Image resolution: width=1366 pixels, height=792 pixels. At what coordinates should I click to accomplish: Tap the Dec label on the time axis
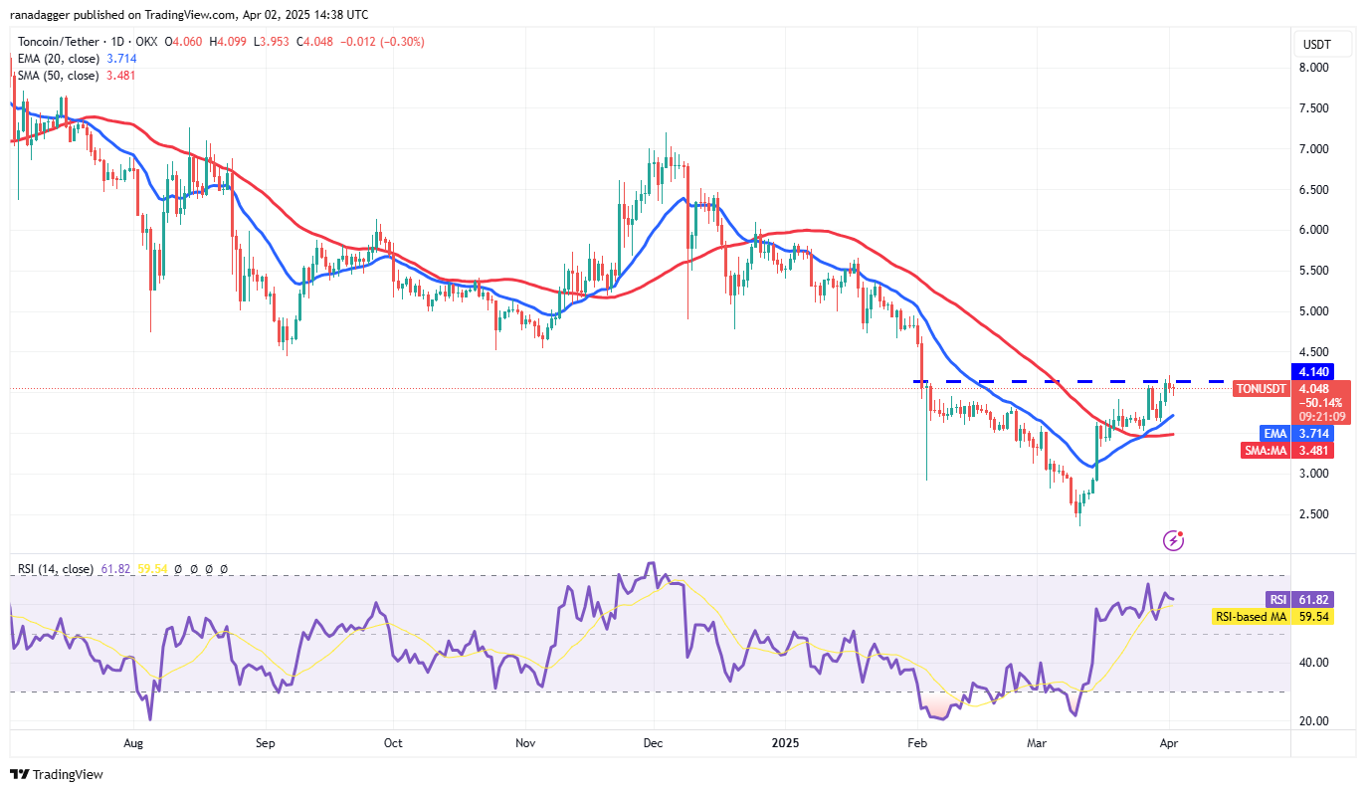[x=654, y=742]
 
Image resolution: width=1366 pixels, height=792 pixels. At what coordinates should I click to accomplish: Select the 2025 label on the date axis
[x=785, y=742]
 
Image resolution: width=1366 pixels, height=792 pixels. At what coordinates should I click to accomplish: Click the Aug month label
[x=134, y=742]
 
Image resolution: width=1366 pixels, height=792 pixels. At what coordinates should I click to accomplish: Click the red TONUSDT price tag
[x=1261, y=388]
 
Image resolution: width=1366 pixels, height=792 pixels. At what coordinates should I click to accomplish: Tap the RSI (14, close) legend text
[x=55, y=569]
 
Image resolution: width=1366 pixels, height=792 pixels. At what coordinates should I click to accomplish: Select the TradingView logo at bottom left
[x=57, y=774]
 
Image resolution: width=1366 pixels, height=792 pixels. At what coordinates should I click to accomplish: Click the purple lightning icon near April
[x=1174, y=540]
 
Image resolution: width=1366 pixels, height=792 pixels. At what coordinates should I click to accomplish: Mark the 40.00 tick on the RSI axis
[x=1314, y=663]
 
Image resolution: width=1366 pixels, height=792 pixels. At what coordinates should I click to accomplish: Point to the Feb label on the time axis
[x=918, y=742]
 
